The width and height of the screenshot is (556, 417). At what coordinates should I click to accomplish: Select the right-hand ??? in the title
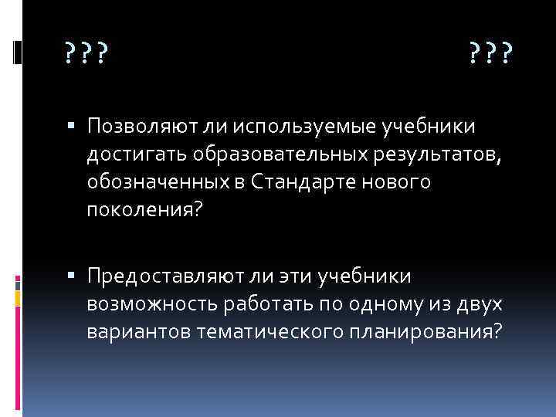coord(490,54)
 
